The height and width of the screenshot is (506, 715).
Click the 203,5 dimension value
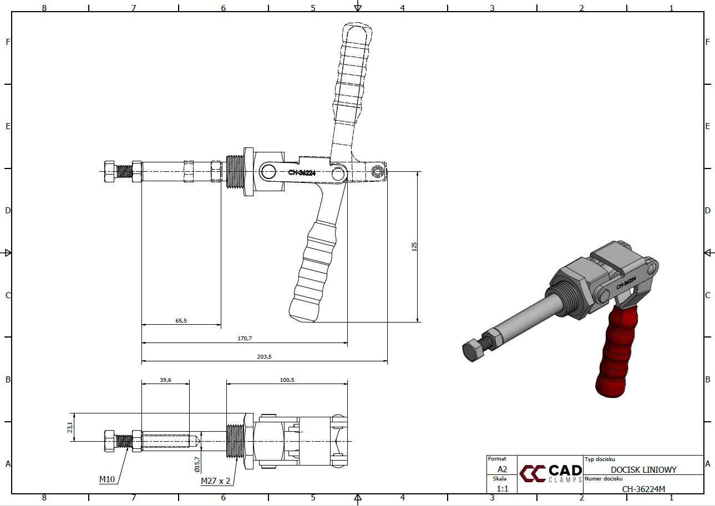[x=264, y=356]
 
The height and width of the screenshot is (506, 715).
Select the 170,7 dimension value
[x=245, y=338]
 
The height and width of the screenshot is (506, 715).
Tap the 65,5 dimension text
[x=181, y=320]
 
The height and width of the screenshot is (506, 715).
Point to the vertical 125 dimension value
[x=414, y=247]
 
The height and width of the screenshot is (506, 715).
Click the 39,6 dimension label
[x=165, y=380]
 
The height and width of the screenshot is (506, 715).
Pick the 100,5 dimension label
[x=287, y=380]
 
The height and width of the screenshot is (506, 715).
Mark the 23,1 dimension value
[x=70, y=427]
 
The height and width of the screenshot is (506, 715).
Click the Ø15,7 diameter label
[x=197, y=464]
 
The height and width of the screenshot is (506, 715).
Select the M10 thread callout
[x=107, y=479]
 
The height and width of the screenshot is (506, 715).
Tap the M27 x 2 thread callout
[x=215, y=481]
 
